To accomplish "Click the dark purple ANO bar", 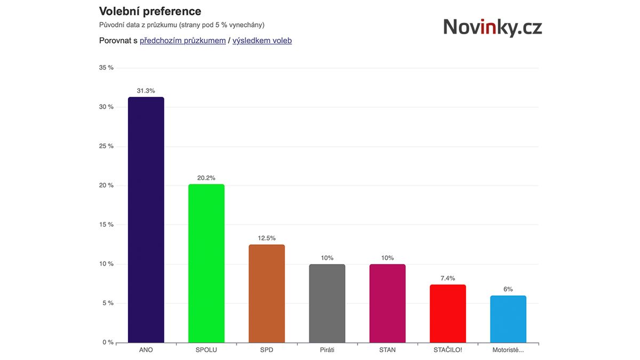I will (146, 220).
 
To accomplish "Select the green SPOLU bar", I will (206, 263).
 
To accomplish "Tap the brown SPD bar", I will (267, 293).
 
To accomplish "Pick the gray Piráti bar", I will (327, 303).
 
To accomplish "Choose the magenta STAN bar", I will (387, 303).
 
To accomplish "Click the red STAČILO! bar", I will (448, 314).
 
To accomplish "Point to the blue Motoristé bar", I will (508, 319).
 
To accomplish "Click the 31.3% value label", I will (146, 91).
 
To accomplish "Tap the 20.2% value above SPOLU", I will (206, 178).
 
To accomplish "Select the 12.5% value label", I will (267, 238).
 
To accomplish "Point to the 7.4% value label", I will (448, 278).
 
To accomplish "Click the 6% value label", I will (508, 289).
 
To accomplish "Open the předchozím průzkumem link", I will (182, 41).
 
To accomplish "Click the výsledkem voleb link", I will (262, 41).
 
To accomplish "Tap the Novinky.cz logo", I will (492, 27).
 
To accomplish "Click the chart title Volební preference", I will (150, 11).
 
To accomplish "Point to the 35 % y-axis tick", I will (107, 68).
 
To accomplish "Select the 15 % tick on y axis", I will (107, 225).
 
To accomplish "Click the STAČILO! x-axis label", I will (448, 350).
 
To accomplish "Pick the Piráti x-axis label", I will (327, 350).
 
